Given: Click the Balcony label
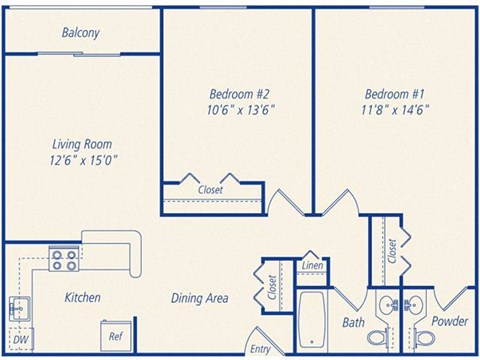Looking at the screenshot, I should pos(80,33).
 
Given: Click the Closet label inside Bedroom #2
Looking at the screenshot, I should pos(210,189).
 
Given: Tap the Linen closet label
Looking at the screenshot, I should pos(312,266).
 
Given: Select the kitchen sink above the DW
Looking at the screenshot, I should pos(18,307).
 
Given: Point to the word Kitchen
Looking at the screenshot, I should pos(82,298).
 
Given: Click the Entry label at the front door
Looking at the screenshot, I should pos(260,349).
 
